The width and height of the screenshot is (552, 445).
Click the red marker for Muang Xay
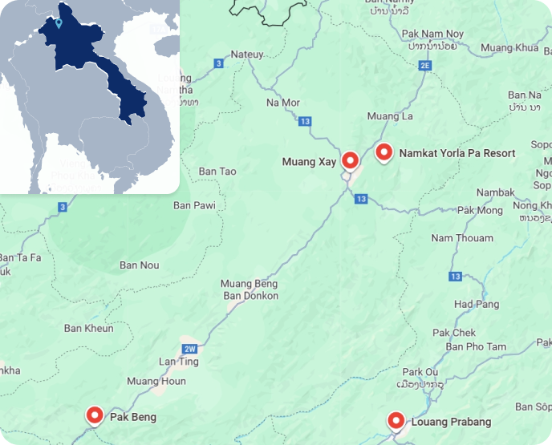coord(350,160)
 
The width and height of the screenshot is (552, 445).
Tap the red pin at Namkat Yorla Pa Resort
coord(384,152)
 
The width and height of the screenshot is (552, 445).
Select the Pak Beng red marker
coord(95,415)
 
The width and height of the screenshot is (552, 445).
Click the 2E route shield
coord(425,65)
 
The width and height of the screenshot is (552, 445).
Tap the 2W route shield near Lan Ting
coord(190,349)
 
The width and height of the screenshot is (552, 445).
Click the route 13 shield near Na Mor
coord(304,121)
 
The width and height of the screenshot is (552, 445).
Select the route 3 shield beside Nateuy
coord(218,63)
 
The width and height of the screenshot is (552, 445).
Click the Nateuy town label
coord(246,55)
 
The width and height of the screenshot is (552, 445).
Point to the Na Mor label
coord(282,103)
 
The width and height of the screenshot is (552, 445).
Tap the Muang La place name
coord(390,116)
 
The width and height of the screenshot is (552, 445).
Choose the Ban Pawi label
coord(195,205)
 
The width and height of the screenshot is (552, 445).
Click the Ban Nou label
coord(139,265)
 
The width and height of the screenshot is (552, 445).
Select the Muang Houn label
coord(156,381)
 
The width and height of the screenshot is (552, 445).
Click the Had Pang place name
coord(477,304)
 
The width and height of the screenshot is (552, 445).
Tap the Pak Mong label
coord(479,210)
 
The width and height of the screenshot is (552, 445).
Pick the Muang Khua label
coord(509,48)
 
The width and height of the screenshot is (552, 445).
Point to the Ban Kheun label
coord(88,328)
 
